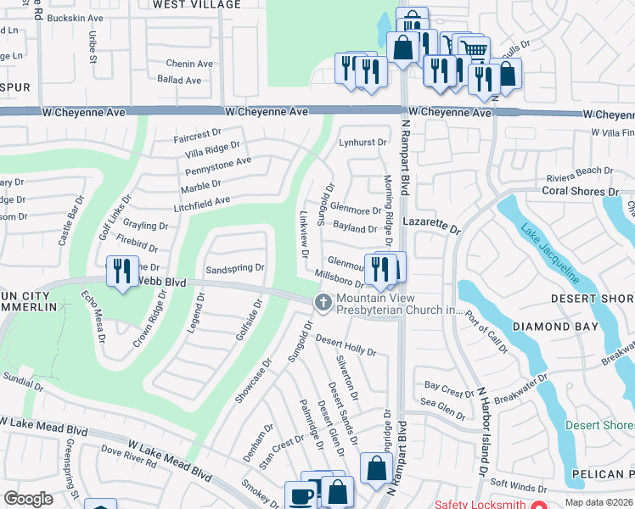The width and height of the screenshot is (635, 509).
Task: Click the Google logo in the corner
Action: [29, 499]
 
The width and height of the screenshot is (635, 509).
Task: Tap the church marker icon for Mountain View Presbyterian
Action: [323, 302]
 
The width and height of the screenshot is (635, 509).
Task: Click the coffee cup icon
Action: [301, 495]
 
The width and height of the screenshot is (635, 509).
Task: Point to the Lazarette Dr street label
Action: [430, 230]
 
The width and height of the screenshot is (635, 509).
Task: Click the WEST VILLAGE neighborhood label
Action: [197, 4]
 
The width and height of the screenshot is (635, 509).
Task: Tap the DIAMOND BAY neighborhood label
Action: [548, 326]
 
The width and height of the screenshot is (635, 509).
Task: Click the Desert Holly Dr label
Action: [346, 345]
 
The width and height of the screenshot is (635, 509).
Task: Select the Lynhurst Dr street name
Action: [362, 143]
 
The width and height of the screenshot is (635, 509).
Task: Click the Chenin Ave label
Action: [189, 64]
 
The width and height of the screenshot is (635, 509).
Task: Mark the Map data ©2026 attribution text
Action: [599, 503]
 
